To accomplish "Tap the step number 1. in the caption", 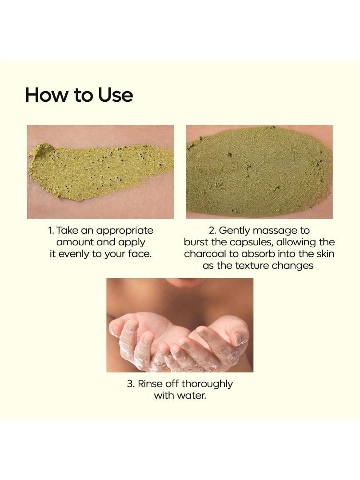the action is click(51, 230).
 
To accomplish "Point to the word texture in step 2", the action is click(252, 265).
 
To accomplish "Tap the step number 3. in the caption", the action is click(131, 384).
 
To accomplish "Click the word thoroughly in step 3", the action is click(207, 384).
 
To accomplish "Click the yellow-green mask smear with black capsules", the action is click(98, 172).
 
